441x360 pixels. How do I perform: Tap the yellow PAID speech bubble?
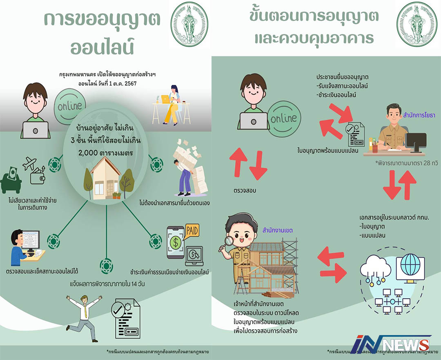[191, 231]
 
